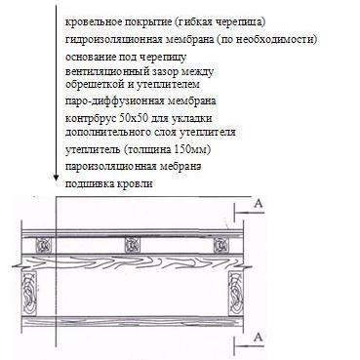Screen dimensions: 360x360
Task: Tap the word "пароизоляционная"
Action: [x=111, y=167]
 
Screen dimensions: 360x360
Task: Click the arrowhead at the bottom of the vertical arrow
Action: [x=56, y=177]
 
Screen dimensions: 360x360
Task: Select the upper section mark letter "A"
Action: [x=258, y=203]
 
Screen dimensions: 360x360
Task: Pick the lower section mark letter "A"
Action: [x=258, y=338]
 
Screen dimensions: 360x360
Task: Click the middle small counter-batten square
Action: [x=133, y=245]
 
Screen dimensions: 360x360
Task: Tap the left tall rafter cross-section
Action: [x=29, y=293]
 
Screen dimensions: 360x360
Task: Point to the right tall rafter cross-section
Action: [x=236, y=293]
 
